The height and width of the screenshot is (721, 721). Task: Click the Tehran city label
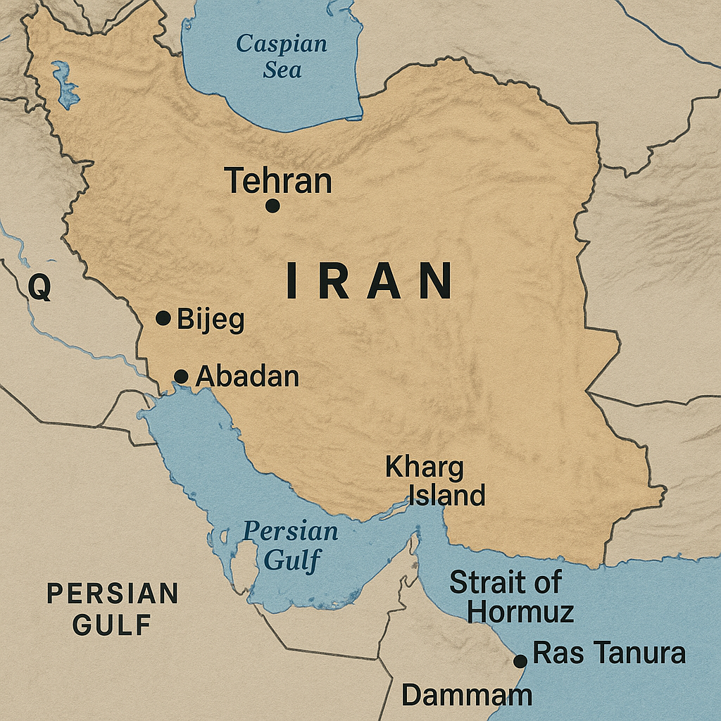coord(278,181)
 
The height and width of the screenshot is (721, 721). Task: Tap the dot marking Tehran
coord(272,206)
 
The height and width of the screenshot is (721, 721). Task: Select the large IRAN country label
coord(369,280)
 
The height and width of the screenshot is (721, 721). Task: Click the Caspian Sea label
coord(282,56)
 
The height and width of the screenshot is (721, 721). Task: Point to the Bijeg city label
coord(211,320)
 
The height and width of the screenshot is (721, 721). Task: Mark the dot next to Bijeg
coord(163,318)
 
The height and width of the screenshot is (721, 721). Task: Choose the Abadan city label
coord(247,377)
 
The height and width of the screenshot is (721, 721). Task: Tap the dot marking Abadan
coord(181,377)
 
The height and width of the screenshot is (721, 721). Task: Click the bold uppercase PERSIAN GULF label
coord(113,608)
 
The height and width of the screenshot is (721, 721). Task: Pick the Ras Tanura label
coord(609,653)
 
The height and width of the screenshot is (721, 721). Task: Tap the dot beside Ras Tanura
coord(520,661)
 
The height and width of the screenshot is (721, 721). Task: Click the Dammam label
coord(467,696)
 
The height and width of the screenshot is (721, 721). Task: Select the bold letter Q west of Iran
coord(40,288)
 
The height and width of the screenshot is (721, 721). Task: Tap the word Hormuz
coord(520,611)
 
